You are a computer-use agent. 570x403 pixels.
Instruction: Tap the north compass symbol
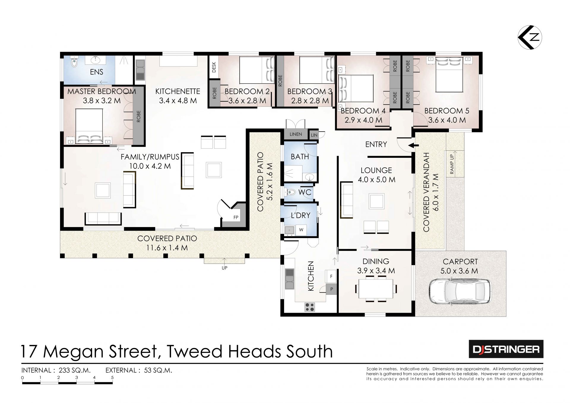[530, 37]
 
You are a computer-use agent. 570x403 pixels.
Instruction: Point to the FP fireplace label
[236, 217]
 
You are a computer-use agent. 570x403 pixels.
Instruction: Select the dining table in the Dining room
[376, 289]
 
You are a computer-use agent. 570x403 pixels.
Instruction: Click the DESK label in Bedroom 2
[214, 67]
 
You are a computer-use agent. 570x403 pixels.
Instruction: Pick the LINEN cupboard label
[296, 134]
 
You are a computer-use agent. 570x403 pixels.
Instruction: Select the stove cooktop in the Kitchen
[309, 307]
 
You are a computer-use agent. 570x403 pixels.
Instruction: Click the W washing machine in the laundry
[301, 230]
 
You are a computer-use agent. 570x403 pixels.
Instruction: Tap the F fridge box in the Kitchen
[331, 276]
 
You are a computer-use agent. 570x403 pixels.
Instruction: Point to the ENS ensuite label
[96, 72]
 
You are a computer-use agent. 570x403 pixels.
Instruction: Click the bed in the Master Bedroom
[89, 127]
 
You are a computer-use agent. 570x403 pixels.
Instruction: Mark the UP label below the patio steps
[224, 268]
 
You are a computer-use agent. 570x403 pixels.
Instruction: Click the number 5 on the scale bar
[112, 378]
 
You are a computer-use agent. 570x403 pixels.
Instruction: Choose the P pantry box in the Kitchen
[331, 289]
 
